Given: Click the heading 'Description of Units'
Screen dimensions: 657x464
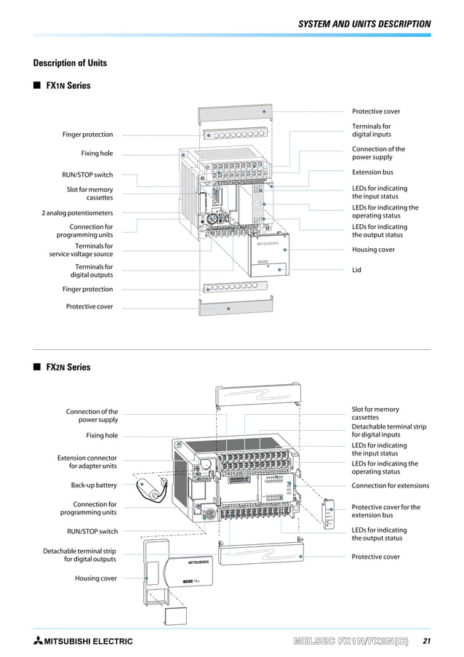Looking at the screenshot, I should [70, 63].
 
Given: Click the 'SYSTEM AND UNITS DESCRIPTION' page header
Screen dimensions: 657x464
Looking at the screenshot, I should [364, 24].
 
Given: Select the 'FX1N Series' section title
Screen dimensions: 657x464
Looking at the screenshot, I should [68, 86].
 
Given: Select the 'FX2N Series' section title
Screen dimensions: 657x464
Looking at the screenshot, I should [68, 367].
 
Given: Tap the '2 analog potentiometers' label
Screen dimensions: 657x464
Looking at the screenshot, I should [77, 213].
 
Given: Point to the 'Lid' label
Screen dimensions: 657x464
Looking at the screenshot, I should [357, 270].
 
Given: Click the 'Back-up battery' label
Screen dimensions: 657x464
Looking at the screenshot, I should [94, 485].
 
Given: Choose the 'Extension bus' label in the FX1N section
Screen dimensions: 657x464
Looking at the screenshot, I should [372, 172].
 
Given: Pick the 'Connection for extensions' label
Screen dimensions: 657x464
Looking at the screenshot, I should [390, 485].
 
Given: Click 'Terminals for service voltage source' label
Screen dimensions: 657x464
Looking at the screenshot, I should [81, 250].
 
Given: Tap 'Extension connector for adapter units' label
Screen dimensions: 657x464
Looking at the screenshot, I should [87, 462].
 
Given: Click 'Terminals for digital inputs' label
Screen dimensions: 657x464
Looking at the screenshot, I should [372, 130].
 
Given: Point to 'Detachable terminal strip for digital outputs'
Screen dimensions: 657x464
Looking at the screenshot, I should [79, 555].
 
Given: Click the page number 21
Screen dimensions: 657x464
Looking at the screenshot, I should [425, 641].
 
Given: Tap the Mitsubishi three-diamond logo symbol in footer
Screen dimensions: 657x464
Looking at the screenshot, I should [38, 641].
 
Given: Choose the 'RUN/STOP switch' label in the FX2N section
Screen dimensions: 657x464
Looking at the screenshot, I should [92, 532].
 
